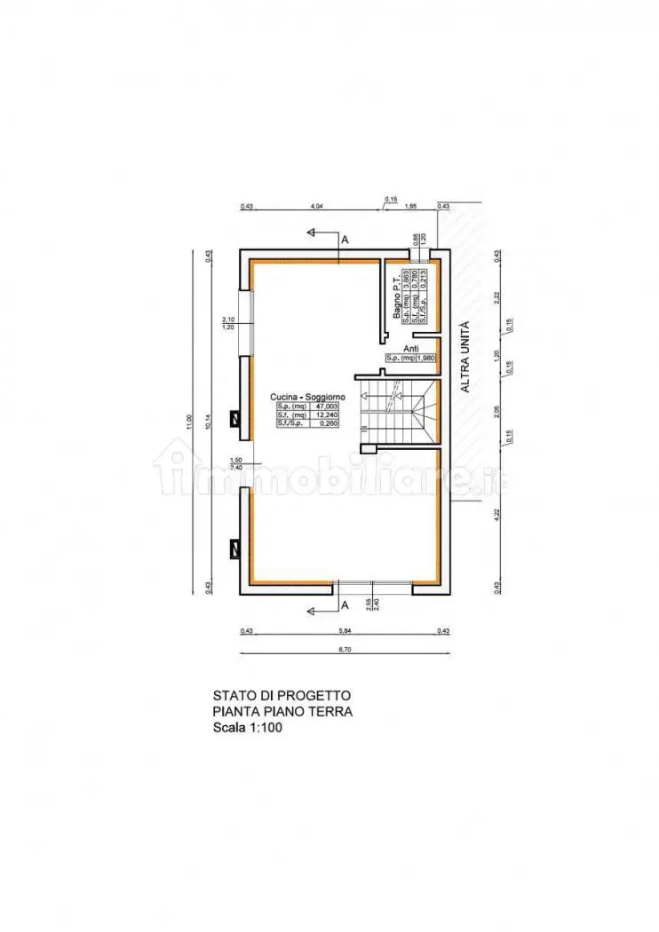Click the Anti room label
[410, 349]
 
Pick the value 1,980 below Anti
[423, 358]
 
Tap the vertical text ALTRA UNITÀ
[463, 357]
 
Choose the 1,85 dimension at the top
[411, 206]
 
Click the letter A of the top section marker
[345, 240]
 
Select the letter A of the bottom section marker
[345, 604]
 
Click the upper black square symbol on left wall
[235, 417]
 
